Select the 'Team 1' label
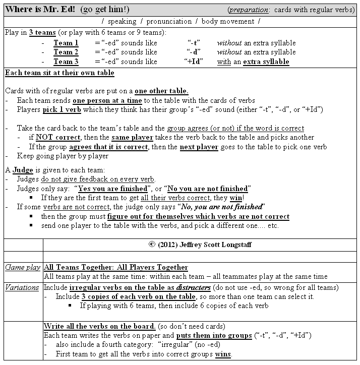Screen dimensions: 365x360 pos(66,43)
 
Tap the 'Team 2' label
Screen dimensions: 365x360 pos(66,52)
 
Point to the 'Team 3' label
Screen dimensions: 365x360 pos(66,62)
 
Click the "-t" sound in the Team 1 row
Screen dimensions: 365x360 pos(192,43)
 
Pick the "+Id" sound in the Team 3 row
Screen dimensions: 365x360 pos(193,62)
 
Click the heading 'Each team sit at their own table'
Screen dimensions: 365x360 pos(59,73)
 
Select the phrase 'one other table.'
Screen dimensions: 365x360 pos(161,91)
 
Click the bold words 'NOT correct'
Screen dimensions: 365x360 pos(58,137)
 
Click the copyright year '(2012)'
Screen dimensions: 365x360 pos(171,245)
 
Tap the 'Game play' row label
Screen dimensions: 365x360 pos(22,267)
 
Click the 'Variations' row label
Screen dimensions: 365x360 pos(22,287)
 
